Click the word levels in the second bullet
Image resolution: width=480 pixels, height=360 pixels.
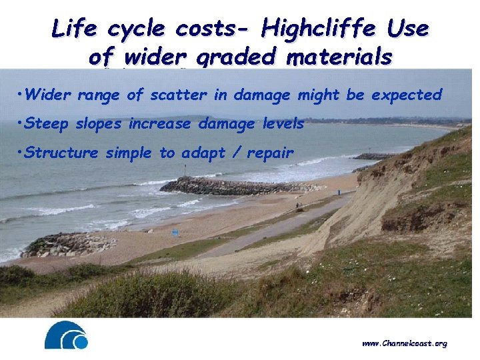point(283,123)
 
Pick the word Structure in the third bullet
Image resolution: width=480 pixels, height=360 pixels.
point(60,153)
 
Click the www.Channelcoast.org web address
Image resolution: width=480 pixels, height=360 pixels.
point(405,343)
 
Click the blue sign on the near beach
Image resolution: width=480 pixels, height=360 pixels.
point(175,233)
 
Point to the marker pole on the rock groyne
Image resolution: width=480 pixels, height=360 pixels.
point(185,170)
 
